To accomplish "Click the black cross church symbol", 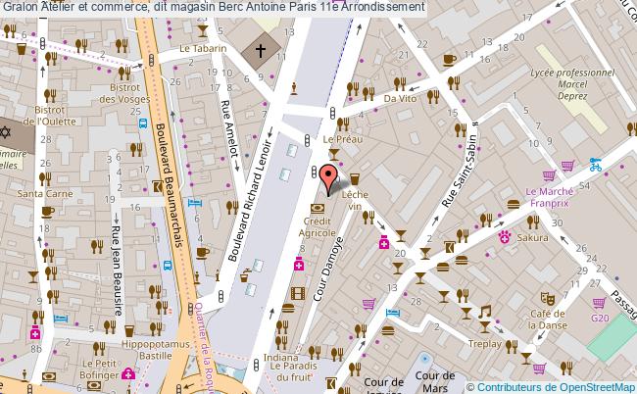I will coord(262,50).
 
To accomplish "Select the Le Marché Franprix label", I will coord(550,172).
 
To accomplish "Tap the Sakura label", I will coord(534,237).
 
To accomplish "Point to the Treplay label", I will coord(485,344).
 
